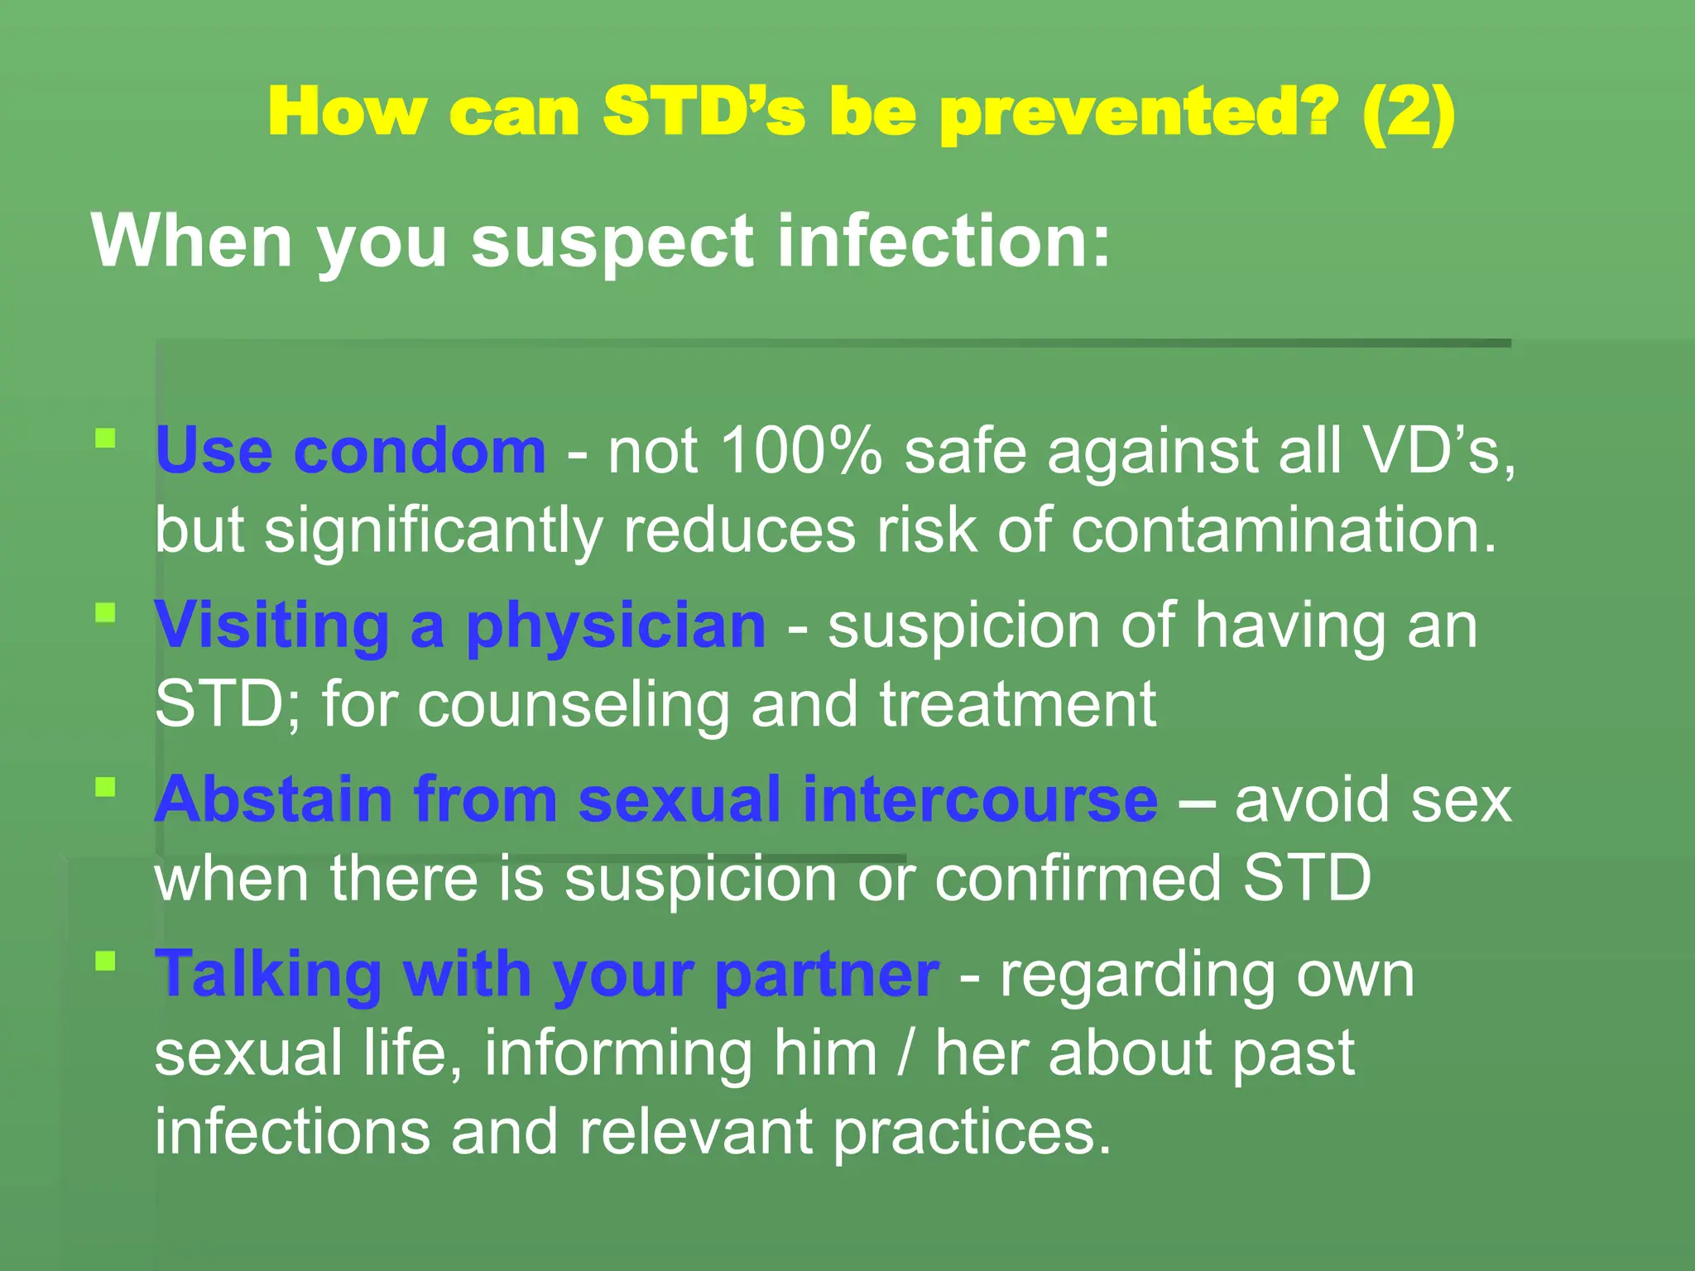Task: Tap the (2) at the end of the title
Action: coord(1408,113)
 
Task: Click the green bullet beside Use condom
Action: coord(105,438)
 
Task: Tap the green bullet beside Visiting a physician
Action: coord(105,613)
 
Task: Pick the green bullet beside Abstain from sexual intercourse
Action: coord(105,787)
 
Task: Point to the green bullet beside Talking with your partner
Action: coord(105,962)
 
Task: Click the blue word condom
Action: coord(420,451)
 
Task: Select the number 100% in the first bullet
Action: coord(801,451)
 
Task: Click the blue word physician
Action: coord(616,627)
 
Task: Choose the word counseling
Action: coord(573,705)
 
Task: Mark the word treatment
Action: coord(1017,705)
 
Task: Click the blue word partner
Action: coord(827,976)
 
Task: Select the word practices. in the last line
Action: coord(972,1134)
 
